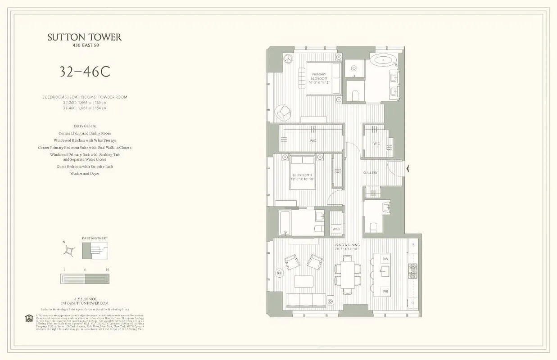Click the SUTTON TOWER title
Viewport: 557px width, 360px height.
click(85, 37)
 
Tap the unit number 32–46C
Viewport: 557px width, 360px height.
click(85, 72)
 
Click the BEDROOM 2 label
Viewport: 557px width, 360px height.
click(302, 177)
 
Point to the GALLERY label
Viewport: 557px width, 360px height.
click(370, 173)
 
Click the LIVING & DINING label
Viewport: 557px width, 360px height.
click(346, 247)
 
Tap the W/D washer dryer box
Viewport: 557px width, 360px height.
click(336, 229)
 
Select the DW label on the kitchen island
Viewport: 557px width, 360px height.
click(385, 259)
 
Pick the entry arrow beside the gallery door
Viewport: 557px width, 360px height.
click(408, 169)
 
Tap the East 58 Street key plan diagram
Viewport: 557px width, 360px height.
click(95, 251)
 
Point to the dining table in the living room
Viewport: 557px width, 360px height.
click(347, 274)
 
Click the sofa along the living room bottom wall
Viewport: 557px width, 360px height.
click(306, 300)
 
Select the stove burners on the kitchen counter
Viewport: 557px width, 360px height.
click(412, 271)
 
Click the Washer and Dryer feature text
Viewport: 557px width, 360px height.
click(85, 173)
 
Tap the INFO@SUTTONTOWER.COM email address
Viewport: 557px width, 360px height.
click(85, 303)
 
